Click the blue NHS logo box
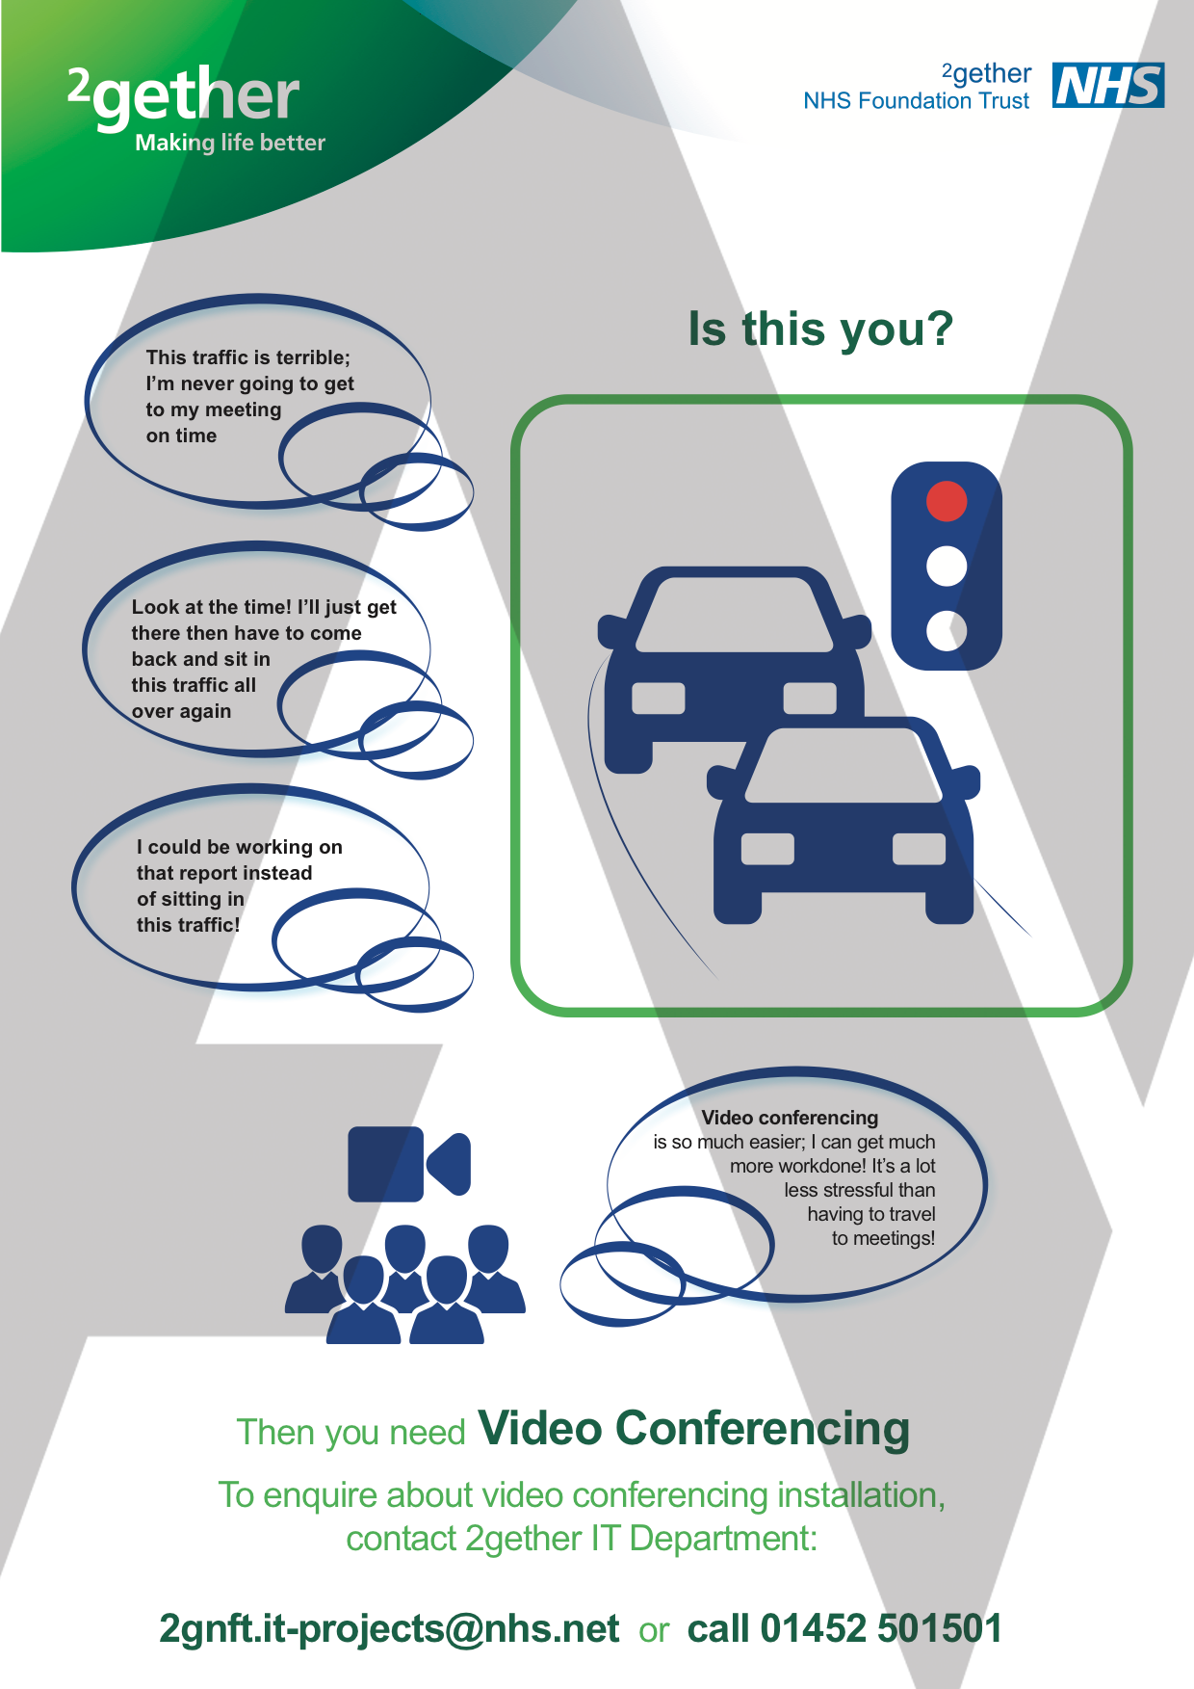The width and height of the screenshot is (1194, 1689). (1107, 86)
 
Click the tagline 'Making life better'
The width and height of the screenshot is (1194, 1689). (230, 144)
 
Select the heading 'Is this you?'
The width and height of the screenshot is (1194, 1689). (819, 329)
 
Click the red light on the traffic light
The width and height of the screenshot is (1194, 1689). (947, 501)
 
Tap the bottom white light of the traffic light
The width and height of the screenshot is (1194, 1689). (947, 630)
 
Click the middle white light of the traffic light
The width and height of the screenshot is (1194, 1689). (947, 566)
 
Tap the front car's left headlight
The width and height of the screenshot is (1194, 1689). (767, 849)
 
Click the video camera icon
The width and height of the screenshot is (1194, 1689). (408, 1164)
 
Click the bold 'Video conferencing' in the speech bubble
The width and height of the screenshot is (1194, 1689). (790, 1118)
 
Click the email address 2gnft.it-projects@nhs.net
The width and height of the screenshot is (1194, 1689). (389, 1628)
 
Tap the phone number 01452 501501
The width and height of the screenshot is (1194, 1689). (881, 1628)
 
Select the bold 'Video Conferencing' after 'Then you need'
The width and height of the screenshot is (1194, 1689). (693, 1428)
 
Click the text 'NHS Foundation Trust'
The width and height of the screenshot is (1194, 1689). (916, 101)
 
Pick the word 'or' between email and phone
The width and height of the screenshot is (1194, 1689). (653, 1630)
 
